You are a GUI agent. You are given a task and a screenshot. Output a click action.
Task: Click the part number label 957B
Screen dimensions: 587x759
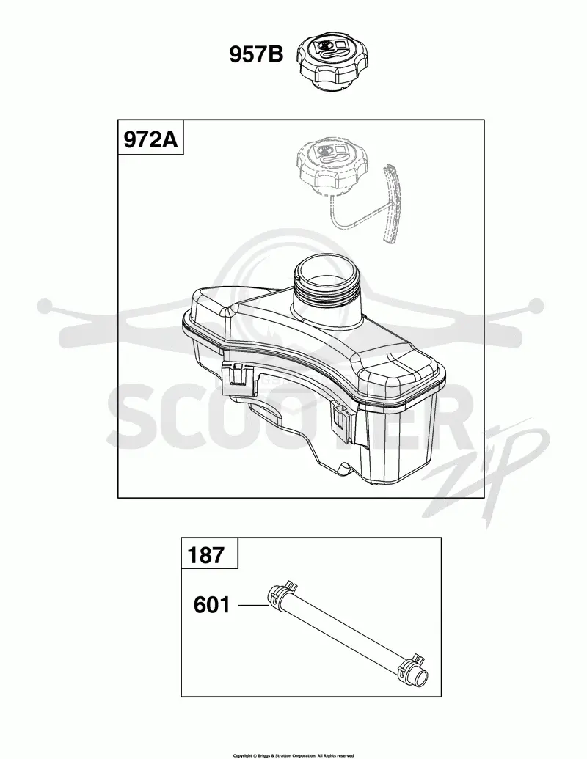pyautogui.click(x=256, y=55)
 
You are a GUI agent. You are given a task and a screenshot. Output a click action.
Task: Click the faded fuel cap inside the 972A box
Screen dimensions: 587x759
pyautogui.click(x=332, y=166)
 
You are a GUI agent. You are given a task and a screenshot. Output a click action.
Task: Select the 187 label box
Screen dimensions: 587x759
pyautogui.click(x=210, y=553)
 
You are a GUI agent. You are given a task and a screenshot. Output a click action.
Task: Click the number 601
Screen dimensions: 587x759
pyautogui.click(x=211, y=605)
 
